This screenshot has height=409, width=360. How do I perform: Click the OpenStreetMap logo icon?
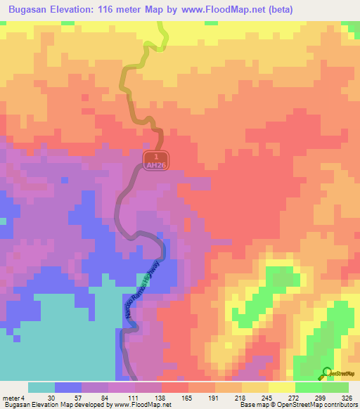327,373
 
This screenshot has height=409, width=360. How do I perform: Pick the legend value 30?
41,398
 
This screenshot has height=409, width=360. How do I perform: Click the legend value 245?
254,398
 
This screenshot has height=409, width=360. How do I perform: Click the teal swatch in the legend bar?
41,388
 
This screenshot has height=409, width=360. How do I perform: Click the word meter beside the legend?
11,398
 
